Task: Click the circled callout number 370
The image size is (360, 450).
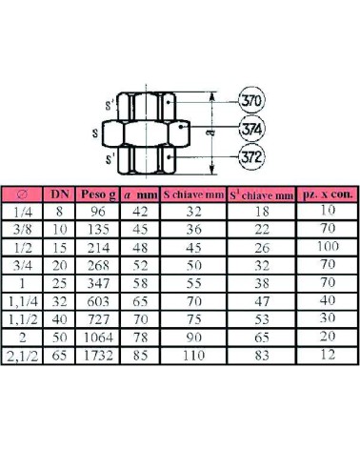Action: click(251, 101)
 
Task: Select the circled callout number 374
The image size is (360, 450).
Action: click(251, 130)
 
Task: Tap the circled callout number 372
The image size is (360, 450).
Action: click(251, 157)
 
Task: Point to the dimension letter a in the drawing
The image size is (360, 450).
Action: click(212, 132)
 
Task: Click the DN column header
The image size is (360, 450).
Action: click(60, 194)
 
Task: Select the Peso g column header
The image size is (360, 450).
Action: click(98, 194)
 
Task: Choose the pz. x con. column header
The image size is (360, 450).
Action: click(328, 194)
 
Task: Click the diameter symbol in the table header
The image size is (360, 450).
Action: click(22, 194)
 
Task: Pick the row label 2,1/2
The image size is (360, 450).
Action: click(23, 357)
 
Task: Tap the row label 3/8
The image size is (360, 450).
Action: click(23, 230)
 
